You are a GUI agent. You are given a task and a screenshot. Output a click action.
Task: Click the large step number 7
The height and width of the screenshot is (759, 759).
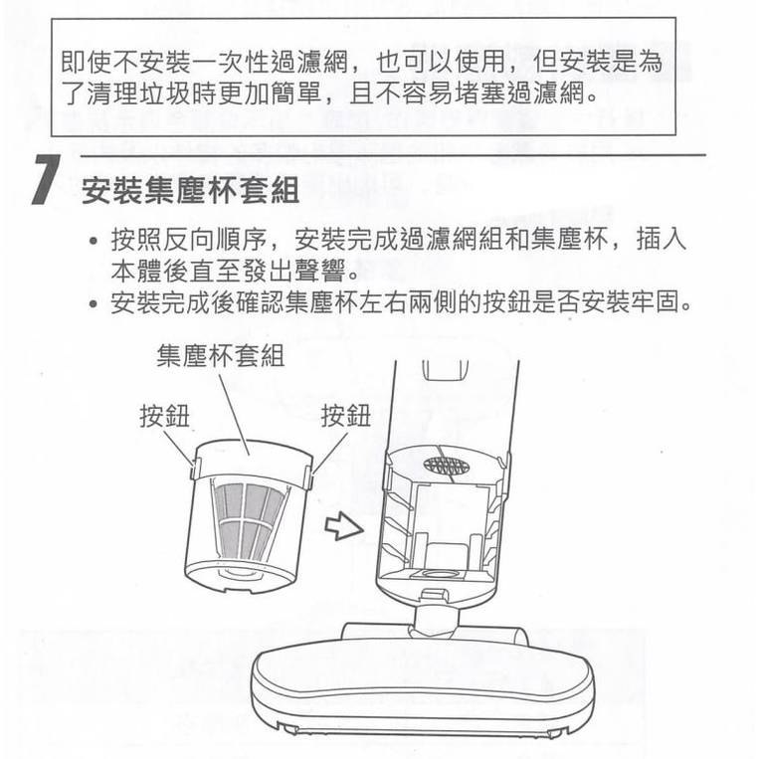pyautogui.click(x=46, y=180)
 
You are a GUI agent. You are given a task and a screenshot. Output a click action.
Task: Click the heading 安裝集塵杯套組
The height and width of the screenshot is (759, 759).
pyautogui.click(x=190, y=190)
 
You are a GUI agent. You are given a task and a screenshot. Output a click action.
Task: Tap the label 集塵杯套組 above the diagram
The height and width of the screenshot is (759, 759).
pyautogui.click(x=220, y=356)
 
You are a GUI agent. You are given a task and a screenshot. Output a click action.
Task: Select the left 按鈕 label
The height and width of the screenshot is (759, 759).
pyautogui.click(x=164, y=416)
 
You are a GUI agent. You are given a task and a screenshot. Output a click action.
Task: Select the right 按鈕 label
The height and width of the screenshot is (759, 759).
pyautogui.click(x=346, y=416)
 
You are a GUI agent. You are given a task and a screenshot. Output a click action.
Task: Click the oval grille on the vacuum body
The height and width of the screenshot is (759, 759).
pyautogui.click(x=447, y=466)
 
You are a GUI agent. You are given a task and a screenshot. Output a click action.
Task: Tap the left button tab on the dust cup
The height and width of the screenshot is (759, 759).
pyautogui.click(x=194, y=469)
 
